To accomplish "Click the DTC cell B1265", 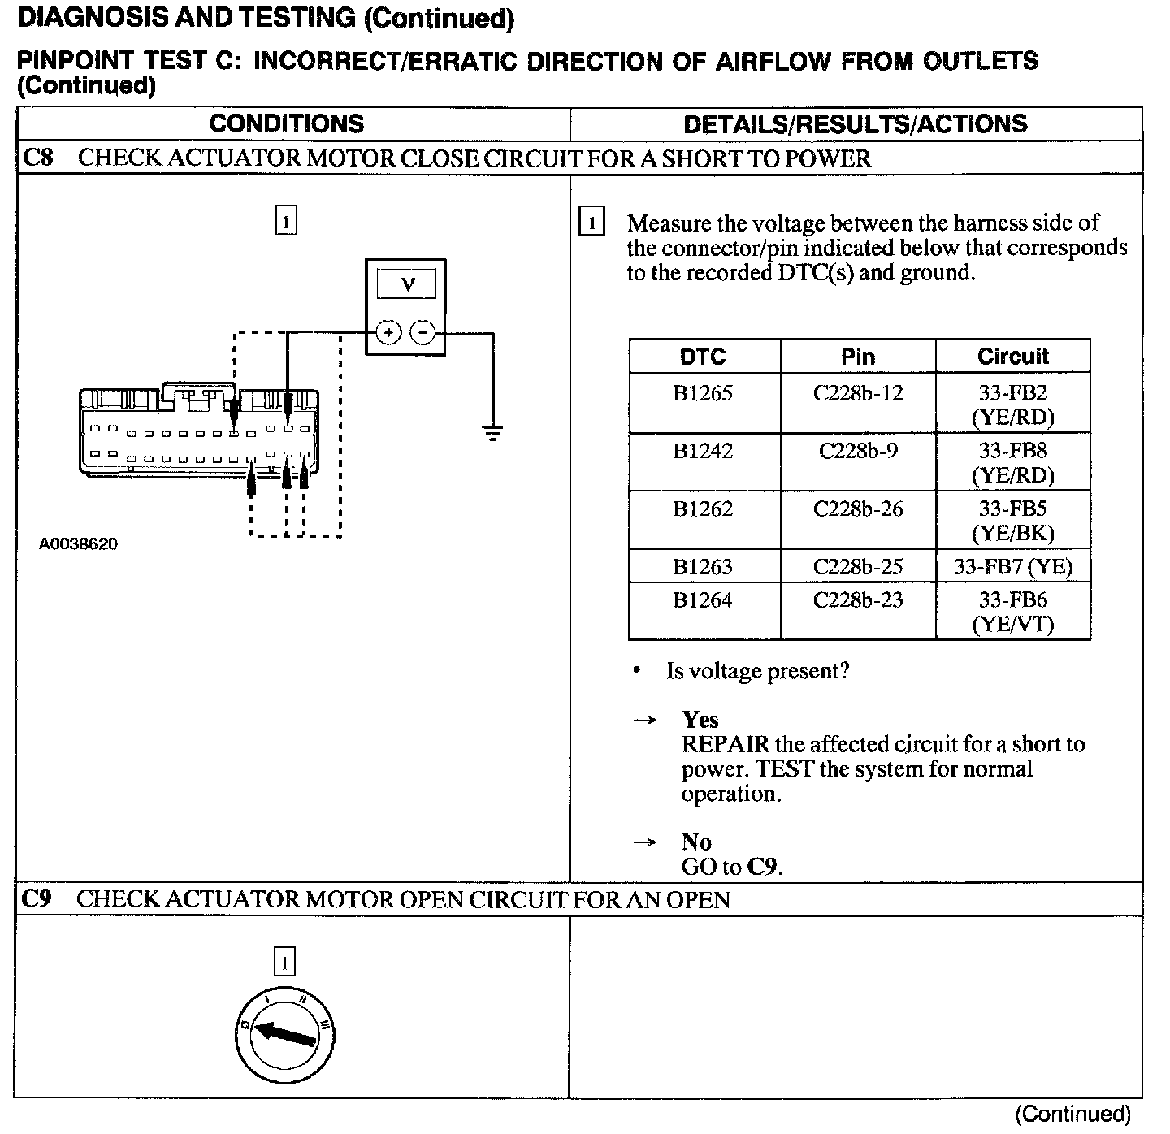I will [x=703, y=394].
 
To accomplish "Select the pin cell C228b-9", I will [x=858, y=451].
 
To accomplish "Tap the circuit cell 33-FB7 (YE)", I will [x=1012, y=566].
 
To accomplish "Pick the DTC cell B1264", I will [x=703, y=600].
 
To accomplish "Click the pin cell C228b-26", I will [x=858, y=509].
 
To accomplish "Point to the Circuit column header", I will [x=1012, y=357].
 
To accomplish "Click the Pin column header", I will [x=858, y=357].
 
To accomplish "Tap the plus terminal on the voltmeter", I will [x=388, y=332].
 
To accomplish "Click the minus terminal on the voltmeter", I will [x=422, y=332].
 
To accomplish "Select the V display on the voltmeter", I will [x=406, y=284].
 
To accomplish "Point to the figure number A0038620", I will [x=78, y=544].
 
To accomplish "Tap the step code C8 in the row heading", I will [x=37, y=158].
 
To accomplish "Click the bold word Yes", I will [x=700, y=720].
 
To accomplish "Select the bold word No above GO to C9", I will [x=696, y=842].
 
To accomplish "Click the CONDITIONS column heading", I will [x=287, y=123].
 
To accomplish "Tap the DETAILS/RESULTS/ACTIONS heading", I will [x=855, y=124].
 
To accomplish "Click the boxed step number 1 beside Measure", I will [x=591, y=223].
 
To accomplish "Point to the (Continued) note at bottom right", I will [x=1072, y=1114].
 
